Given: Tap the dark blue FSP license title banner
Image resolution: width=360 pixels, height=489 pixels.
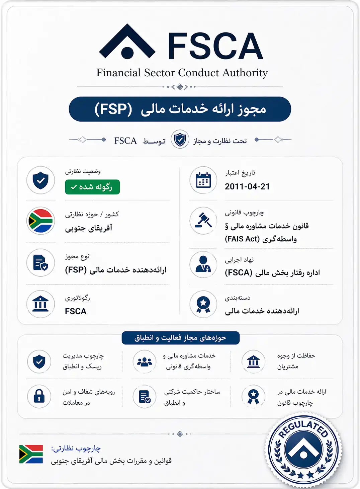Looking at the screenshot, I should (180, 109).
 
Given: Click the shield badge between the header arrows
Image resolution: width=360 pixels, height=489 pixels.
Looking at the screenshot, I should (180, 139).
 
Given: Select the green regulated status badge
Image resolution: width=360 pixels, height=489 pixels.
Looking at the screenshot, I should (92, 187).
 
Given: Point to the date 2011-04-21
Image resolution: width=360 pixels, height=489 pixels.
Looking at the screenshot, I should (247, 186).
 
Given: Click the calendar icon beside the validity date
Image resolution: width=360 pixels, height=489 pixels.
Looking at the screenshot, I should (203, 180).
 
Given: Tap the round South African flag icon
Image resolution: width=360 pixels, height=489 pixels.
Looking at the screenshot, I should (41, 221).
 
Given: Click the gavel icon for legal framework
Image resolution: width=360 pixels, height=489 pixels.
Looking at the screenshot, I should (203, 221).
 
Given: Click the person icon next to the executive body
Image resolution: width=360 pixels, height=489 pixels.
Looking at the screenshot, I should (203, 264).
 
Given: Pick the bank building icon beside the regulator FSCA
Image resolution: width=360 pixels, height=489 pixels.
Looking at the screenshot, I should (41, 304).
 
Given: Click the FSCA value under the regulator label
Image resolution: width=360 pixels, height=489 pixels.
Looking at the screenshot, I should (76, 311).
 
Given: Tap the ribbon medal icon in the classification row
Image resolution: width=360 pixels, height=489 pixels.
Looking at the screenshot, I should (203, 304).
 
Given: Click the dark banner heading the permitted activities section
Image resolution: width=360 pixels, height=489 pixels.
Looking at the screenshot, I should (180, 338).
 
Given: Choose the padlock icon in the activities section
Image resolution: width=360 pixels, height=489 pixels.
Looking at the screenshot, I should (39, 396).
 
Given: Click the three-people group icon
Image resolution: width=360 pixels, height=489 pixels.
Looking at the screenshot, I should (145, 362).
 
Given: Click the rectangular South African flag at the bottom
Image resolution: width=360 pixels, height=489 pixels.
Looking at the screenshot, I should (31, 454).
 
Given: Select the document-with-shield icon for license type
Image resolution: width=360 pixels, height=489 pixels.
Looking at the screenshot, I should (41, 263).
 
